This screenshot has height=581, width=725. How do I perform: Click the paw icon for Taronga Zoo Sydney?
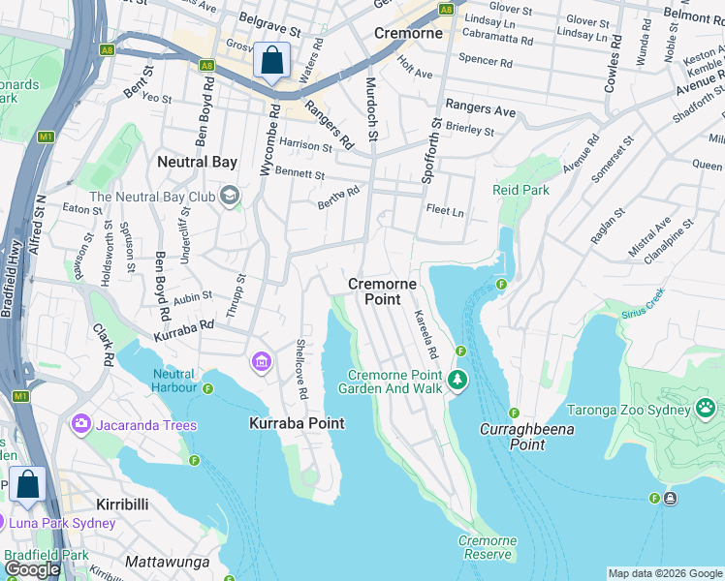pos(706,410)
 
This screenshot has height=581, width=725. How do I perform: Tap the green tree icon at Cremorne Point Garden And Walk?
pos(457,382)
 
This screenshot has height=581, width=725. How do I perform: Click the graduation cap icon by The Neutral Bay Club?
pos(229,197)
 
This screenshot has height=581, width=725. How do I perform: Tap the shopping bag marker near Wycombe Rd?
pos(272,60)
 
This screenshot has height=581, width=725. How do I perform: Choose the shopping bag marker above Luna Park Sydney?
pos(27,484)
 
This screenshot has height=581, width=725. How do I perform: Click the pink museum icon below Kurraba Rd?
pos(261,363)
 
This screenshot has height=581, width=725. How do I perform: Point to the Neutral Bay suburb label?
pos(197,162)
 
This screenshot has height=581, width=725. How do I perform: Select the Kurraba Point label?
pos(297,424)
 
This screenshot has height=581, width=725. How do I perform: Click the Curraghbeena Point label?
pos(526,437)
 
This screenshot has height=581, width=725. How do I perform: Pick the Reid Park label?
pos(520,191)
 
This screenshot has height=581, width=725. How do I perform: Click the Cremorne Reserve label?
pos(487,548)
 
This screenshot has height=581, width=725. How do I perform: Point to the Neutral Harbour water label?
pos(173,382)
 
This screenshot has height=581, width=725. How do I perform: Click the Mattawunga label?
pos(169,561)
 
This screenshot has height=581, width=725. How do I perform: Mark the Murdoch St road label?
pos(370,109)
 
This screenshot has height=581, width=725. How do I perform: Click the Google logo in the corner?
pos(32,569)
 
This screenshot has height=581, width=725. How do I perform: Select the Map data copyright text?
pos(664,573)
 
